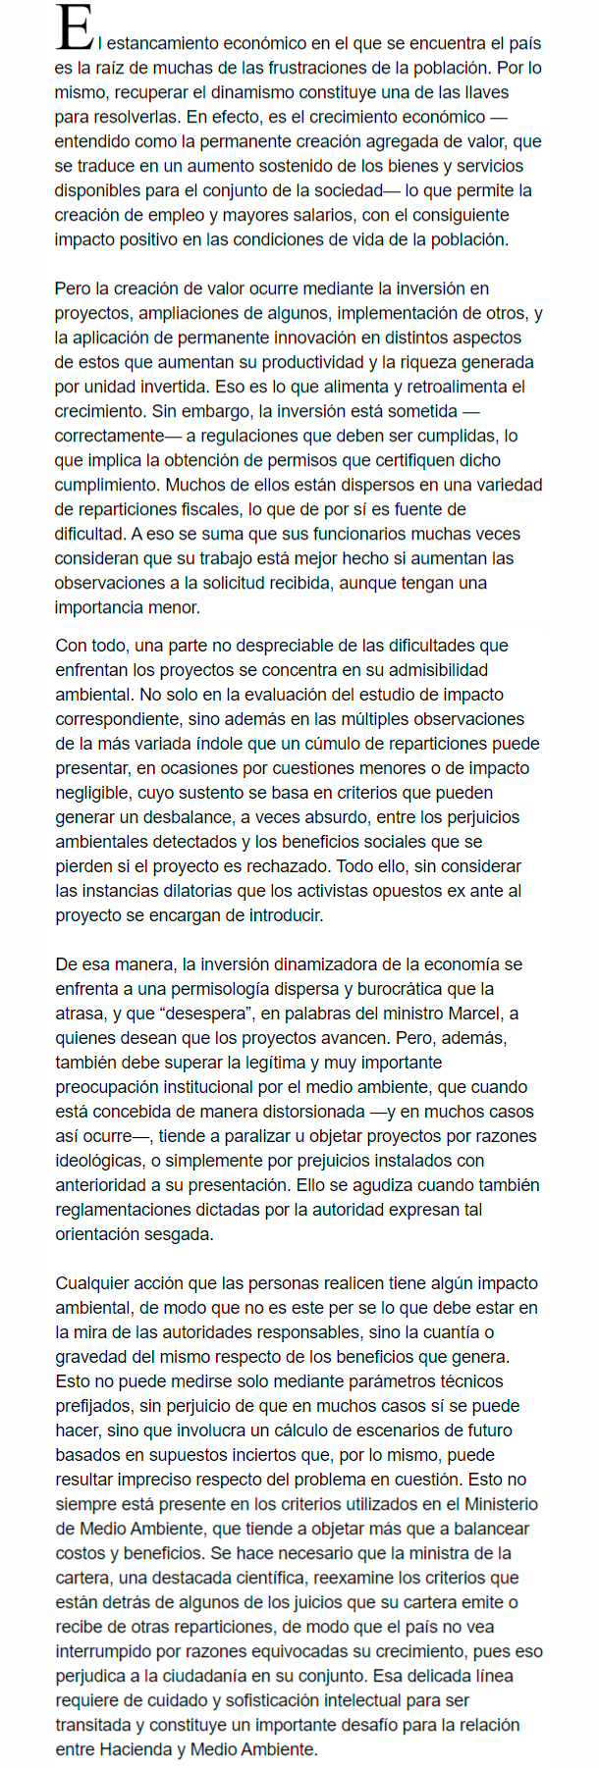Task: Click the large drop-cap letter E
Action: [75, 28]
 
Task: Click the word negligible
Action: [92, 793]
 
